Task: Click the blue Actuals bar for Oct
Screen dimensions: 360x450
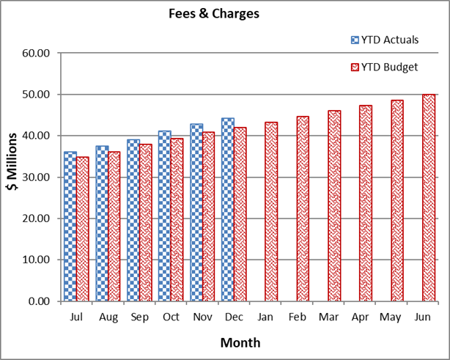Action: [x=165, y=216]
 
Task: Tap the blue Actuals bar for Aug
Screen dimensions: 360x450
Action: [x=102, y=223]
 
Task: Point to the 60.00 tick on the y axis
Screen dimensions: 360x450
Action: [x=37, y=54]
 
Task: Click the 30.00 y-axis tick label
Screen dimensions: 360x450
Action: [x=37, y=177]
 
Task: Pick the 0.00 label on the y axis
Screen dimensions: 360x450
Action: [x=40, y=301]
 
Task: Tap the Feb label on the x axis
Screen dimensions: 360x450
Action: [x=297, y=317]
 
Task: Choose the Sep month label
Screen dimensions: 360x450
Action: [x=139, y=317]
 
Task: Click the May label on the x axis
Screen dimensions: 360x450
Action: [x=391, y=317]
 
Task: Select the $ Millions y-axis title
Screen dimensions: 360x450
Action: [x=13, y=177]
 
